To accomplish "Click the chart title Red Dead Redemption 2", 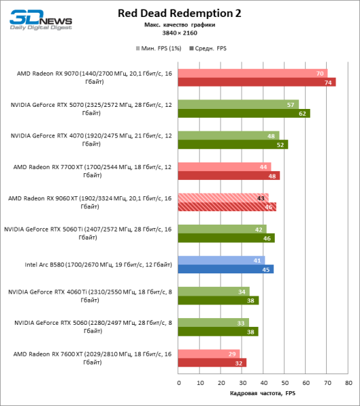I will [179, 13].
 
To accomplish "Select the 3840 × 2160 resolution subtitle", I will [179, 32].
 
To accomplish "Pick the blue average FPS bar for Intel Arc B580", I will [226, 269].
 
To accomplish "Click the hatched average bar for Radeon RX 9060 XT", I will [227, 206].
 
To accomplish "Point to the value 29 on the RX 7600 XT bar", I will [234, 353].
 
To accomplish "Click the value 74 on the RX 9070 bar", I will [329, 83].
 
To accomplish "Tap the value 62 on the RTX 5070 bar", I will [303, 114].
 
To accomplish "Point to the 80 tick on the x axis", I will [348, 383].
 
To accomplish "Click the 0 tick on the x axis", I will [179, 383].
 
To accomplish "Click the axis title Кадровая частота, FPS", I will [263, 394].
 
